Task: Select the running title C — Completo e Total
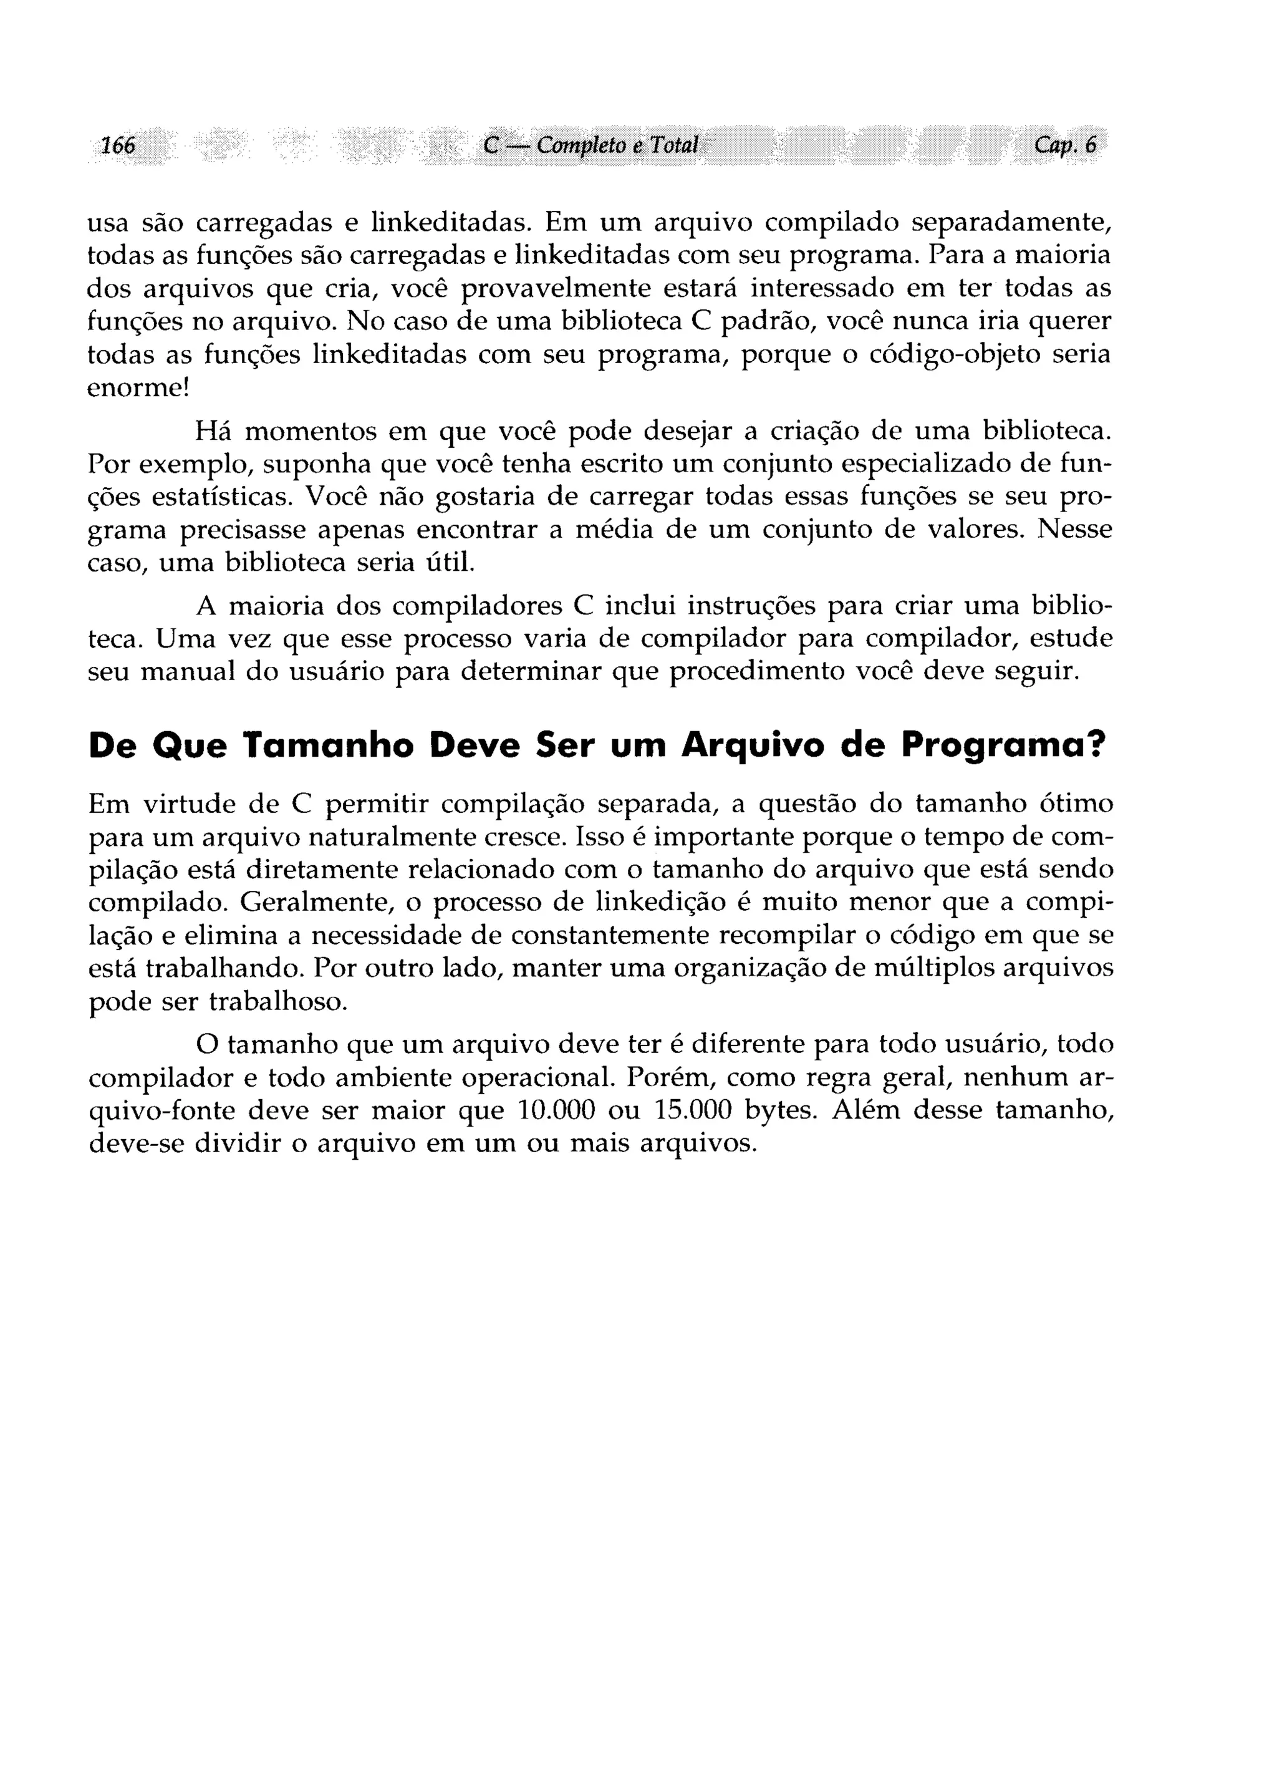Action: (590, 145)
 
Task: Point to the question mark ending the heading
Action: (1102, 745)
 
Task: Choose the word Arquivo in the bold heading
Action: (751, 745)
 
